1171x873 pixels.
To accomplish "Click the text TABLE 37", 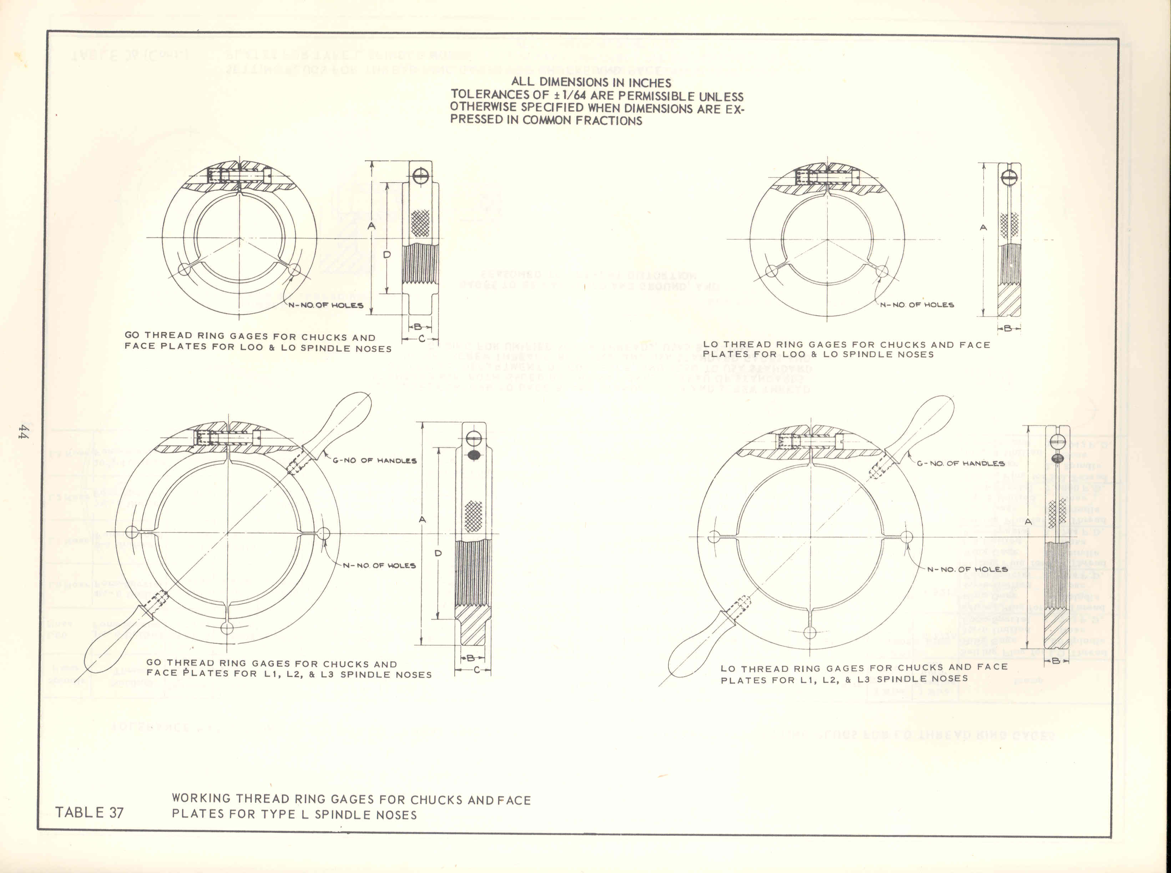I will pos(89,812).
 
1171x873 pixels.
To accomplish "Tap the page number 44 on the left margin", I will pos(23,431).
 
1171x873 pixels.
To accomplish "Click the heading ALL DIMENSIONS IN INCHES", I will pos(591,82).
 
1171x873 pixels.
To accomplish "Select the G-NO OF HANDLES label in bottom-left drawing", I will pos(374,461).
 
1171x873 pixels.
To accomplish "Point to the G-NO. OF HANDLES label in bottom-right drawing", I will pos(960,464).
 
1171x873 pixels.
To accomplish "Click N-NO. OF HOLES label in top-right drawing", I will pos(917,305).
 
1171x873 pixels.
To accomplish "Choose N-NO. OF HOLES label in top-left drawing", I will pos(326,306).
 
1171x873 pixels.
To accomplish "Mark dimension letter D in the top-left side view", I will pos(387,255).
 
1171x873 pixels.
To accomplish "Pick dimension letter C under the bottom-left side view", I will pos(476,670).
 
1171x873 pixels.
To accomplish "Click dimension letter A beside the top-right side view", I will pos(984,228).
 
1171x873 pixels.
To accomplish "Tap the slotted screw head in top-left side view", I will pos(421,176).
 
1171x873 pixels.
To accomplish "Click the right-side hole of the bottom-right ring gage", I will pos(906,537).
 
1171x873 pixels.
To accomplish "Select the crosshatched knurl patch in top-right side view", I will pos(1010,225).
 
